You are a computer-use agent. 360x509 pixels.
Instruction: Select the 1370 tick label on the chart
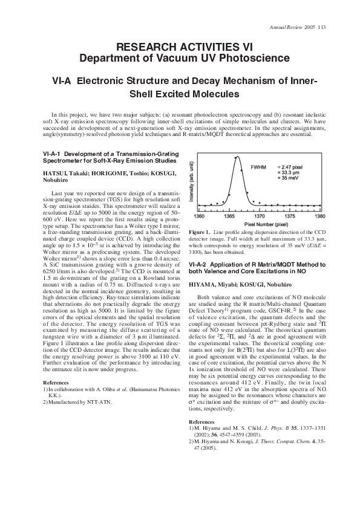pyautogui.click(x=260, y=216)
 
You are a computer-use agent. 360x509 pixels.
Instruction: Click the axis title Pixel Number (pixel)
pyautogui.click(x=260, y=224)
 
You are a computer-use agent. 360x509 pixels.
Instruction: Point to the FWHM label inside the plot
pyautogui.click(x=259, y=165)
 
